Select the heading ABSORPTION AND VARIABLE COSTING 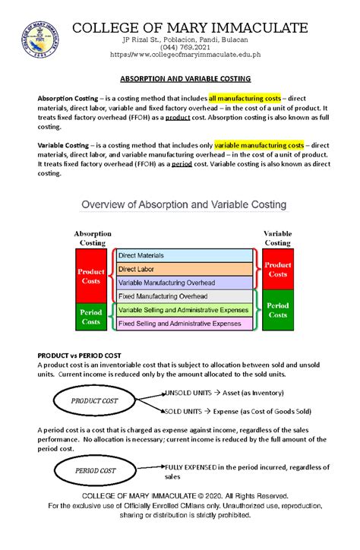click(x=180, y=79)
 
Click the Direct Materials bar click(x=183, y=257)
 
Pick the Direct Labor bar click(x=183, y=269)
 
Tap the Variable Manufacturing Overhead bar click(x=183, y=282)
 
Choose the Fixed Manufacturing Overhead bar click(x=183, y=296)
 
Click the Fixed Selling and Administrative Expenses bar click(x=183, y=323)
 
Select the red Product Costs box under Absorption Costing click(x=92, y=275)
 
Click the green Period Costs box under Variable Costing click(x=277, y=310)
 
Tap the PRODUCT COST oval click(x=94, y=400)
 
